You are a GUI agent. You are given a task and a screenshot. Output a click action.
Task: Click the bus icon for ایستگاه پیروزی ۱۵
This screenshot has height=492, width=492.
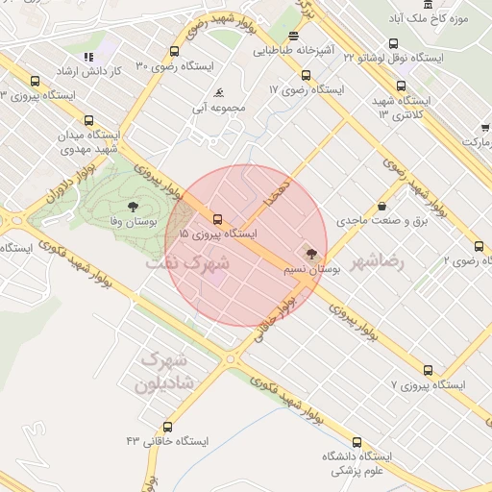217,219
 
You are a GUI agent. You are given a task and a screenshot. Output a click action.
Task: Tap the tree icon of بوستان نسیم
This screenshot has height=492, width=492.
310,254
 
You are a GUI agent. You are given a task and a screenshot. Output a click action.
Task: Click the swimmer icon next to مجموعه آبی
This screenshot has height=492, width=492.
221,93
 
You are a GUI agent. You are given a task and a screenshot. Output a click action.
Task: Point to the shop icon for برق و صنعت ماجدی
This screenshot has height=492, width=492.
382,205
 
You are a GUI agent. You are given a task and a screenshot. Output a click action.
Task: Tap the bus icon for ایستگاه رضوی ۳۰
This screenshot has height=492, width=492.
174,52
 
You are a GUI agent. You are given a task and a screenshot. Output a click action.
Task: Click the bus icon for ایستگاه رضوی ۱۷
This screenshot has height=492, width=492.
306,75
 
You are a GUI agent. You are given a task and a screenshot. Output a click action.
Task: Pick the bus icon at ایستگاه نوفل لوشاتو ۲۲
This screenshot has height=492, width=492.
393,43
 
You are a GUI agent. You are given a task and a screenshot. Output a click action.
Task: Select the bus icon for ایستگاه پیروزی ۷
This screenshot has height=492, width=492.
428,370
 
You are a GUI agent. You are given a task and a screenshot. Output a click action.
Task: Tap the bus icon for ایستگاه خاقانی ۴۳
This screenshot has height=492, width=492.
168,427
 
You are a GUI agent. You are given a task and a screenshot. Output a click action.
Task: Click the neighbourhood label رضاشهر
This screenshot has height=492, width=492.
378,261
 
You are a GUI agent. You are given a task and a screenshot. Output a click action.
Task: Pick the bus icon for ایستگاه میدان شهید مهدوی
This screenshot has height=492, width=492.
89,121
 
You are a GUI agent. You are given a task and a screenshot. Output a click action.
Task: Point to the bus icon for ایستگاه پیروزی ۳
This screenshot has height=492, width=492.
36,82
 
